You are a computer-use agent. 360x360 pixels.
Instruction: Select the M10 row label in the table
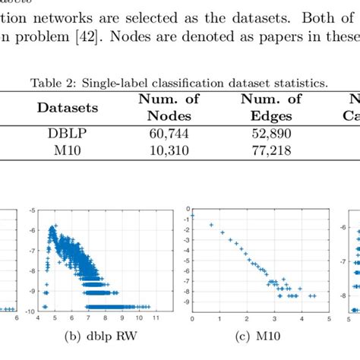pyautogui.click(x=64, y=147)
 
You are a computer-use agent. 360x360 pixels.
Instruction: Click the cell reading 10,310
pyautogui.click(x=164, y=147)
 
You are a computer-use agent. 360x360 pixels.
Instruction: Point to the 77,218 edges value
pyautogui.click(x=270, y=147)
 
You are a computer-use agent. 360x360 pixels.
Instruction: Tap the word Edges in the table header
pyautogui.click(x=270, y=116)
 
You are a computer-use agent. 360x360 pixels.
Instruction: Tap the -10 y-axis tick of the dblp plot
pyautogui.click(x=30, y=311)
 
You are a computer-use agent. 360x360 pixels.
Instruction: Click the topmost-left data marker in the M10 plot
pyautogui.click(x=193, y=216)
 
